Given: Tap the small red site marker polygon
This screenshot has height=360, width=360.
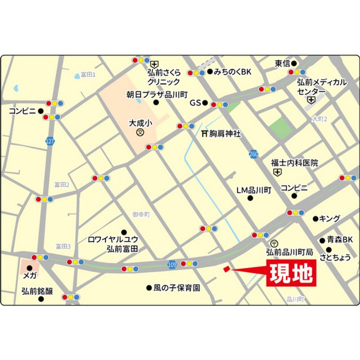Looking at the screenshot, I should tap(226, 269).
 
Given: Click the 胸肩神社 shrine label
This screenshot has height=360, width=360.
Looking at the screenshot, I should tap(221, 134).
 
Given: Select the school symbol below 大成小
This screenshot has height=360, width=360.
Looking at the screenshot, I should tap(140, 132).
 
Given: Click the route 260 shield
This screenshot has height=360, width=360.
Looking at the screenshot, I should tap(254, 154).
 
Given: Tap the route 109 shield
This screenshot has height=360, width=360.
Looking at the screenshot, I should tap(172, 263).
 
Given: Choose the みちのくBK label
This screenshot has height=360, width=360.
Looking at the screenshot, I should tap(232, 72).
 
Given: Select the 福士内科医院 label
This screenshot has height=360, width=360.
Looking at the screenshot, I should tap(294, 162).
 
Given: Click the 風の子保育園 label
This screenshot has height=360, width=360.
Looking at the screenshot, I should tap(177, 288).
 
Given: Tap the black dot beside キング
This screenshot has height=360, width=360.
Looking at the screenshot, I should tap(315, 218).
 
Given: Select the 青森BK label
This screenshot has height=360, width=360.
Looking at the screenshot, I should tap(340, 239).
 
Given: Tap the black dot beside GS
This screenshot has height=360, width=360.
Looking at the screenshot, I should tap(205, 102).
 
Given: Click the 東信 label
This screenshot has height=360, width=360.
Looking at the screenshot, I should tap(282, 63).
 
